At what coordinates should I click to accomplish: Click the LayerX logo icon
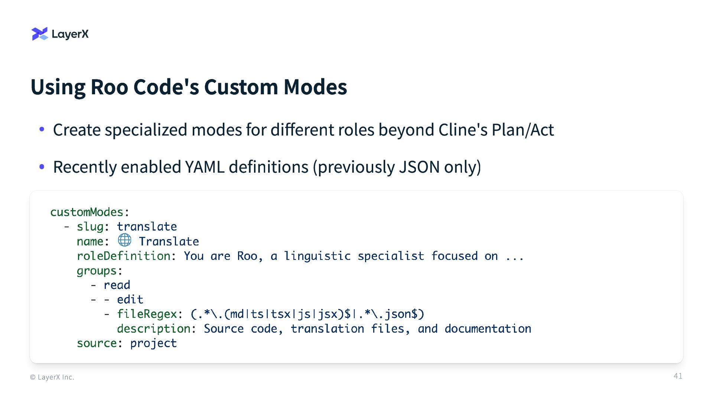click(40, 34)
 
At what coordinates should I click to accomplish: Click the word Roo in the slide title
click(109, 87)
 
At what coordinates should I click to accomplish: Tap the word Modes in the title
click(315, 87)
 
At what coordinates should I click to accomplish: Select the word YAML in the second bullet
click(205, 167)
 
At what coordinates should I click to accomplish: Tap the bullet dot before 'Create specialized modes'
click(42, 129)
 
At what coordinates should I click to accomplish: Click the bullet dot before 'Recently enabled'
click(42, 167)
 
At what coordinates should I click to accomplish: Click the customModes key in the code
click(87, 212)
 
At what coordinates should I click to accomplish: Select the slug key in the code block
click(90, 226)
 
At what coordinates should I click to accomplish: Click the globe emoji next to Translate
click(124, 240)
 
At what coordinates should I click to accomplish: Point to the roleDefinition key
click(123, 256)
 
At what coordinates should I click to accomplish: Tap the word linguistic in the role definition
click(317, 256)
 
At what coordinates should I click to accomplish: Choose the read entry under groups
click(117, 285)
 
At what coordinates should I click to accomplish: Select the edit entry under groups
click(130, 300)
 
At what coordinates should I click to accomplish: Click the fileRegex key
click(147, 314)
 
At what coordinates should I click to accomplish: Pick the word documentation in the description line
click(488, 329)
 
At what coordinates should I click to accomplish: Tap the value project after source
click(153, 343)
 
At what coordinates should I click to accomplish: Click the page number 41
click(678, 376)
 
